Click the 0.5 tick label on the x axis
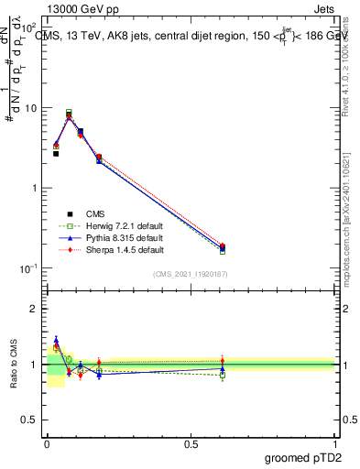pyautogui.click(x=191, y=442)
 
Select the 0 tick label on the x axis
pyautogui.click(x=47, y=442)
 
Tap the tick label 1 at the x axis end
pyautogui.click(x=334, y=442)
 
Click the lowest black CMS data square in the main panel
pyautogui.click(x=56, y=153)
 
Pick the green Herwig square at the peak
pyautogui.click(x=69, y=113)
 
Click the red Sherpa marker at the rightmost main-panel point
pyautogui.click(x=223, y=245)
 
